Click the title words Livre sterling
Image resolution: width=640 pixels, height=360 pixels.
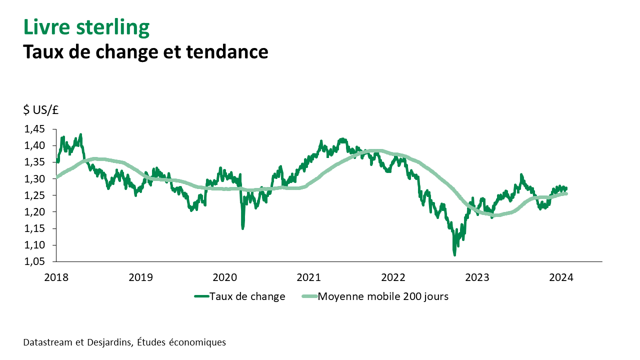coord(86,27)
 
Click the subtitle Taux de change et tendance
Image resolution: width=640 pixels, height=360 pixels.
coord(145,51)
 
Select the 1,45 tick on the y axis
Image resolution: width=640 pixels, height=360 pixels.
coord(34,129)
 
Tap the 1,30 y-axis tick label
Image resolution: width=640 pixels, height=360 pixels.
coord(34,179)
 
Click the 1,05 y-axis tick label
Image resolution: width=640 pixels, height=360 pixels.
coord(34,261)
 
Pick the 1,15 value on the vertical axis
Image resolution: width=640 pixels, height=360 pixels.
coord(34,228)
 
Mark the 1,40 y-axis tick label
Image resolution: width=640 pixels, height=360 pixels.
coord(34,146)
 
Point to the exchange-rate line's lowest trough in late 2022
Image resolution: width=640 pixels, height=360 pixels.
coord(454,255)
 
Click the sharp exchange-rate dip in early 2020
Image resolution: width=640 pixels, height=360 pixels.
coord(243,228)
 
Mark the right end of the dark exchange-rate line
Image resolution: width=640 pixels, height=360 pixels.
coord(566,188)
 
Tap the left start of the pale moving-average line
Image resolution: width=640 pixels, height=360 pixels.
coord(57,176)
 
